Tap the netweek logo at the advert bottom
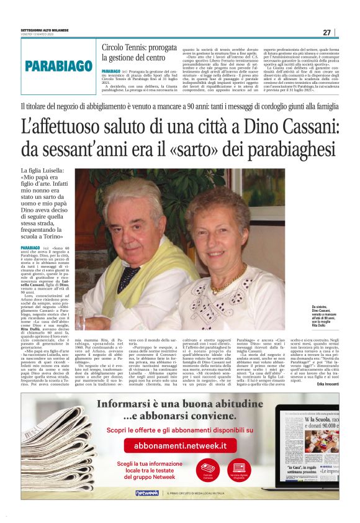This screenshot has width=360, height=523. pyautogui.click(x=147, y=493)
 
